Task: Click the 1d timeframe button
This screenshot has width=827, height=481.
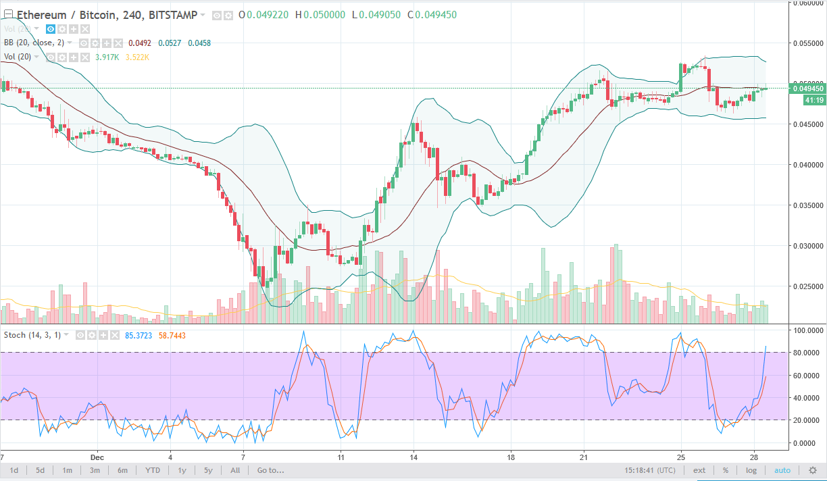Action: click(x=14, y=470)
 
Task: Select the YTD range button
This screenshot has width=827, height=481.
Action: click(x=153, y=470)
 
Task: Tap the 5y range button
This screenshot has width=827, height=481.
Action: click(x=208, y=470)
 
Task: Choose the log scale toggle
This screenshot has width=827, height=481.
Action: click(x=751, y=470)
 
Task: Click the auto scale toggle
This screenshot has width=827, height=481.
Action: click(x=782, y=470)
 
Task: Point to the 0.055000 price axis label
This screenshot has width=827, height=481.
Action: click(x=808, y=43)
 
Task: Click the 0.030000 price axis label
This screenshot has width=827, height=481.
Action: click(x=808, y=245)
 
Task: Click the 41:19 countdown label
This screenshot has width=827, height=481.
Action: click(x=814, y=100)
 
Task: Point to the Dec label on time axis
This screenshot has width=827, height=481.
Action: click(x=97, y=455)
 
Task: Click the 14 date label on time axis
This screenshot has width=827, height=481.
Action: click(x=413, y=455)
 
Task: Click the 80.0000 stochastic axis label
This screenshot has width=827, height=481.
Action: click(x=808, y=353)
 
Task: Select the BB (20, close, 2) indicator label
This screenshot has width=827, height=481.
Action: click(x=34, y=43)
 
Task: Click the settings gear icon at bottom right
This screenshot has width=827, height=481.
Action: click(x=813, y=470)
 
